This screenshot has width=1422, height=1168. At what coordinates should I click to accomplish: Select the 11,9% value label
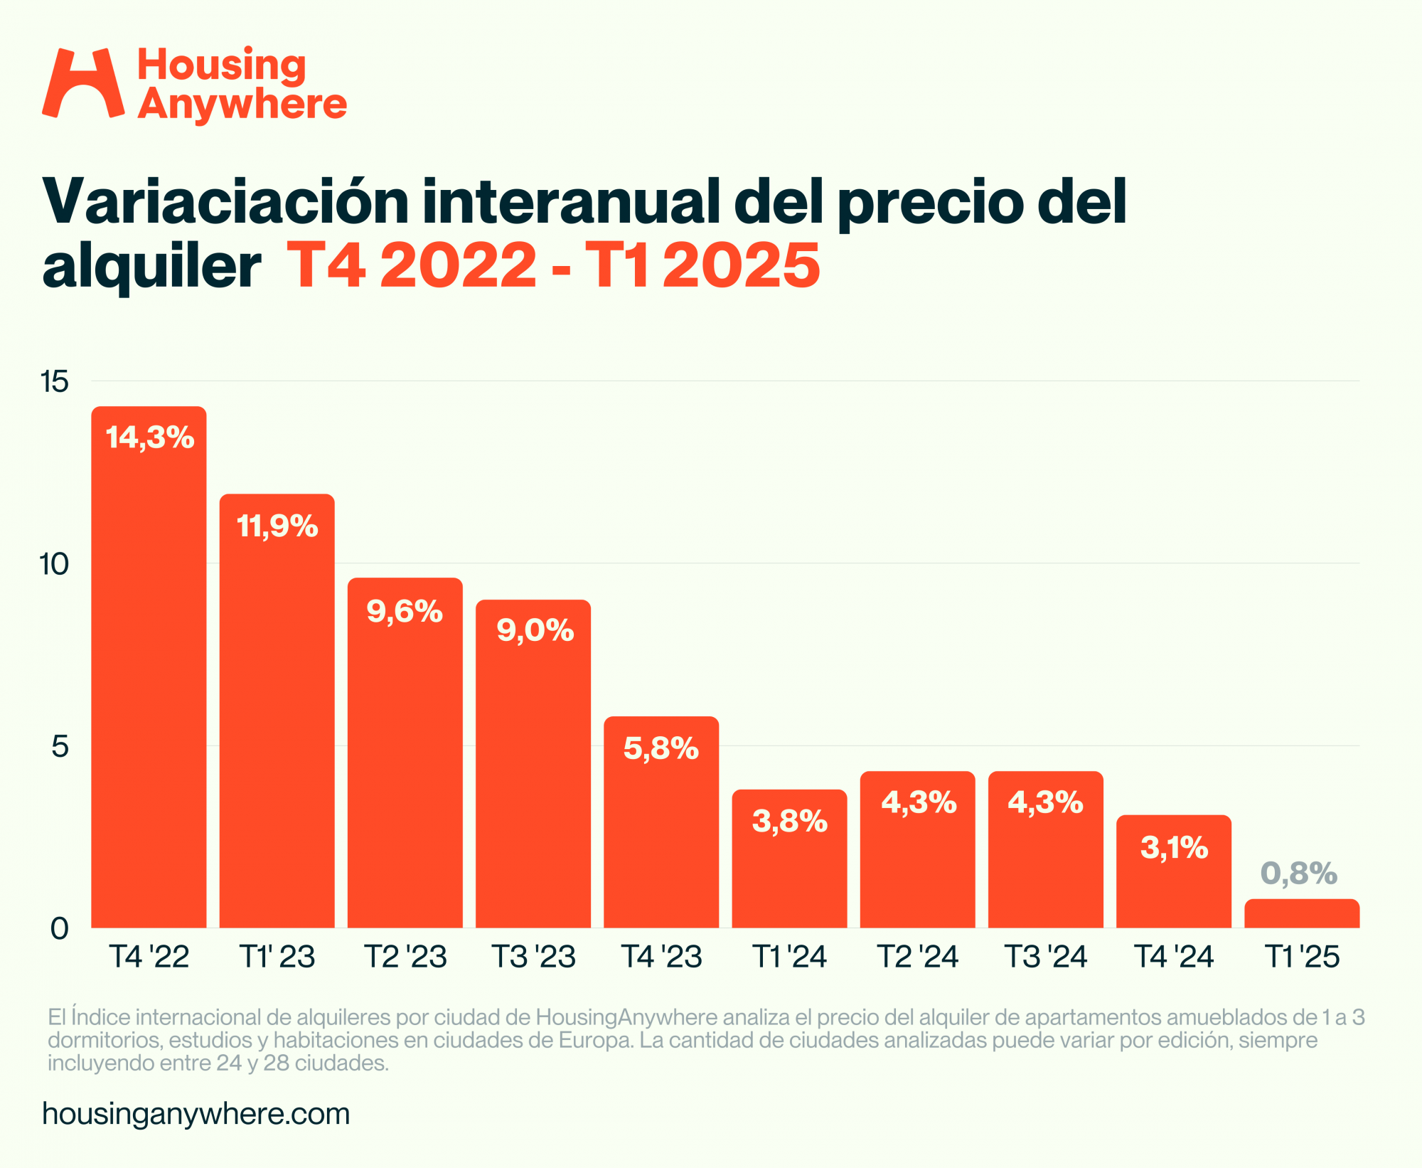[277, 526]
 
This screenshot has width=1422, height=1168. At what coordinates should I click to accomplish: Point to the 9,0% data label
[535, 630]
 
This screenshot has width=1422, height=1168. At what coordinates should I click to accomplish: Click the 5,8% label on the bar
[661, 748]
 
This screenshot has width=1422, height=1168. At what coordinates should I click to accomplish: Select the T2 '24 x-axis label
[918, 957]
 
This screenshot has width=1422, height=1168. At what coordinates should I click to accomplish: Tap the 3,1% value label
[1174, 848]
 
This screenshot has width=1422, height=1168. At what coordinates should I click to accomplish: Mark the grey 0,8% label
[1299, 874]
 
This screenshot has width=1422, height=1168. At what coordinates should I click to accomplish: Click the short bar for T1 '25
[1302, 914]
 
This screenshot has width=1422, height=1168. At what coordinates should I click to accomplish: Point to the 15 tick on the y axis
[55, 382]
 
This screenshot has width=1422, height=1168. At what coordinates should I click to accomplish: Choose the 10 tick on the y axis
[54, 564]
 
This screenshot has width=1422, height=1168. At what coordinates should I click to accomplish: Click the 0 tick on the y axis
[60, 928]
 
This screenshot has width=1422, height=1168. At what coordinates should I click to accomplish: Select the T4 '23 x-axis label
[661, 957]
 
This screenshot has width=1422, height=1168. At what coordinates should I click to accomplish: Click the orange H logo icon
[83, 83]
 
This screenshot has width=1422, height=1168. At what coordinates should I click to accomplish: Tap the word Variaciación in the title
[226, 202]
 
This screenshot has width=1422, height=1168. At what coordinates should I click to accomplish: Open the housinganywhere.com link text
[196, 1114]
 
